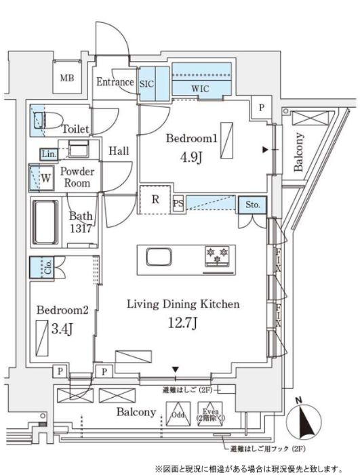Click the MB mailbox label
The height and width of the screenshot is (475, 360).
(67, 79)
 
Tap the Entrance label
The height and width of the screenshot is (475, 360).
(115, 83)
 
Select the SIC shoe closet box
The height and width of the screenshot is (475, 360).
(147, 84)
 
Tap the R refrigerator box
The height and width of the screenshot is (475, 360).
(155, 200)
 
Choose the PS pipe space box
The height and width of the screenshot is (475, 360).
(178, 204)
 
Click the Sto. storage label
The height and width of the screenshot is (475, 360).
(252, 204)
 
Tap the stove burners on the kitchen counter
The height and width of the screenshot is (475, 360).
(219, 256)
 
